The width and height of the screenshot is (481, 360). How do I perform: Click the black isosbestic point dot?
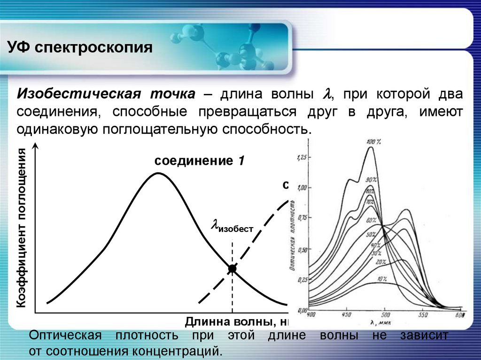tap(232, 268)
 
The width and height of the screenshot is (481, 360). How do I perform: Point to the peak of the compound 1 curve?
tap(158, 173)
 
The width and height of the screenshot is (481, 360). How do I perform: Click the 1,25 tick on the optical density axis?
tap(301, 158)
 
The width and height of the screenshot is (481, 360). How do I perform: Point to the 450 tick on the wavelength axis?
tap(347, 315)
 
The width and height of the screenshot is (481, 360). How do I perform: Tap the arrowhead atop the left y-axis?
tap(36, 147)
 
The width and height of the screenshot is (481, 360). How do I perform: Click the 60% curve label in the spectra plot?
tap(372, 220)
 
